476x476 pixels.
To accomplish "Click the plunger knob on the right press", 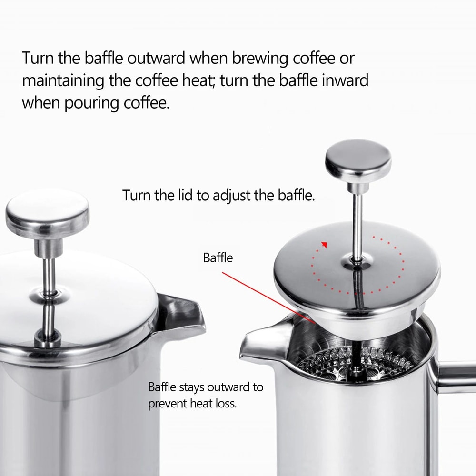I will pos(358,159).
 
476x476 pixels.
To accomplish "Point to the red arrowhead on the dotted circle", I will pos(324,245).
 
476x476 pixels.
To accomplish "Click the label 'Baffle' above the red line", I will pos(218,258).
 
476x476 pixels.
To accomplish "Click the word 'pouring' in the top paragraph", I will pos(86,102).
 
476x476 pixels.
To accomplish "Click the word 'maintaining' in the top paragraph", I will pos(63,80).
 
